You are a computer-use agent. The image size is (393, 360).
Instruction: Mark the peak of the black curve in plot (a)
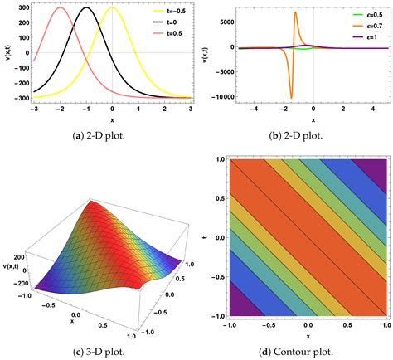86,8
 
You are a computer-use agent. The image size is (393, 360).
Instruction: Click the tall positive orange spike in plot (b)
296,13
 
